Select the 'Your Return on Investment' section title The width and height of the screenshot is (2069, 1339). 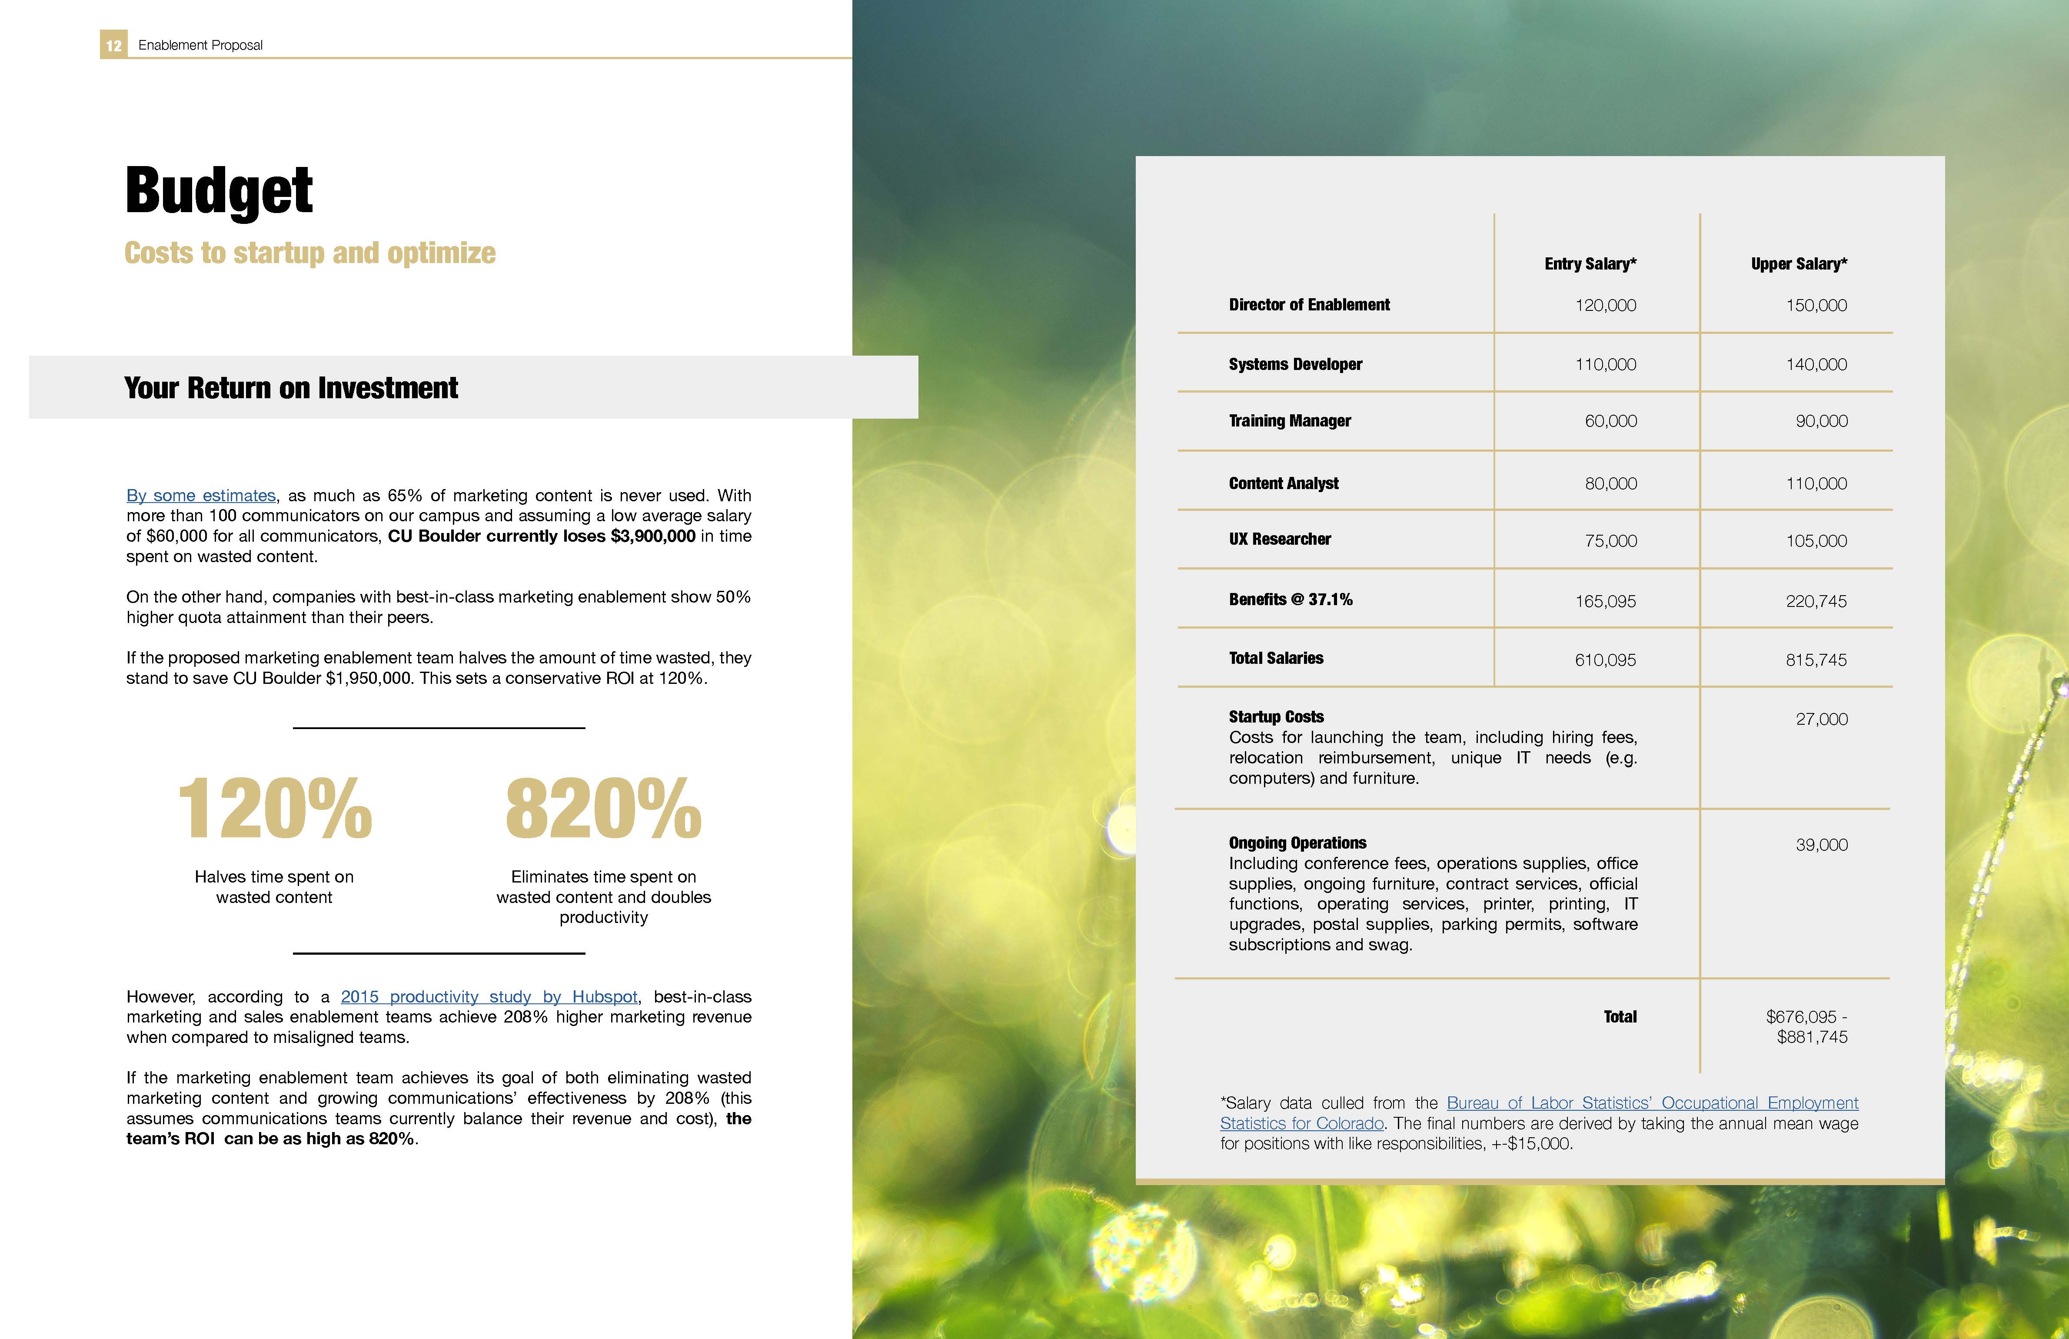[291, 388]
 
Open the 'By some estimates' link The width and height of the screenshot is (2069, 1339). [201, 496]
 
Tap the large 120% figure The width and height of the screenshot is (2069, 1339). [275, 809]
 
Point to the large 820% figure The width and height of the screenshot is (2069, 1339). [603, 809]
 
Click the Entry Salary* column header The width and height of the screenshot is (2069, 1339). [1590, 263]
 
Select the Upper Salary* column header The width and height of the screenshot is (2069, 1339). [1799, 263]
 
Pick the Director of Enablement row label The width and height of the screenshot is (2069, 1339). [1309, 304]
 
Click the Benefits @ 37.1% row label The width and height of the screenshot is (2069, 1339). [1290, 599]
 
